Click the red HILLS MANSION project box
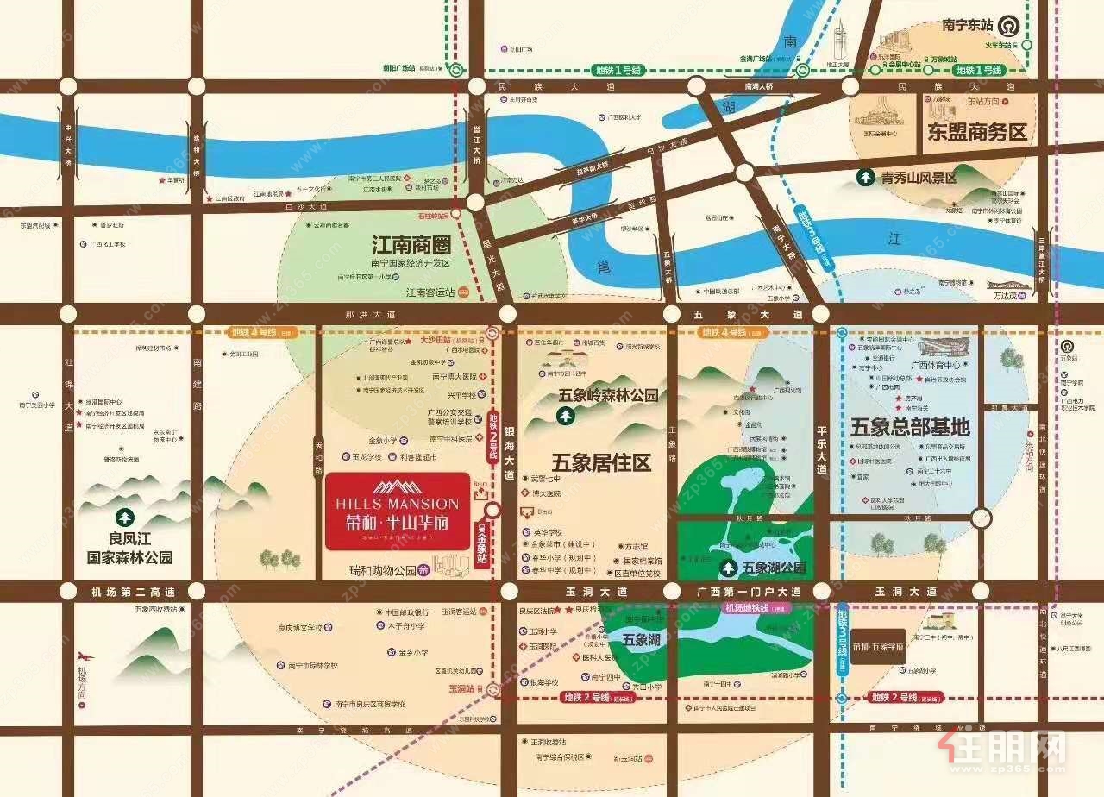pos(398,511)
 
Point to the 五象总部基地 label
pos(910,427)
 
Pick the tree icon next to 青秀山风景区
pos(863,178)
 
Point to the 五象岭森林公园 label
pos(608,396)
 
